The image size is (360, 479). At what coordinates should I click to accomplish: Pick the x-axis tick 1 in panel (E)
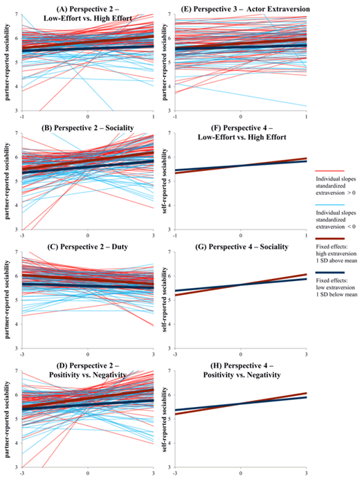(x=306, y=116)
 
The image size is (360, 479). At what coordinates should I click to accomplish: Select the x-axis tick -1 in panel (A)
(x=22, y=116)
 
